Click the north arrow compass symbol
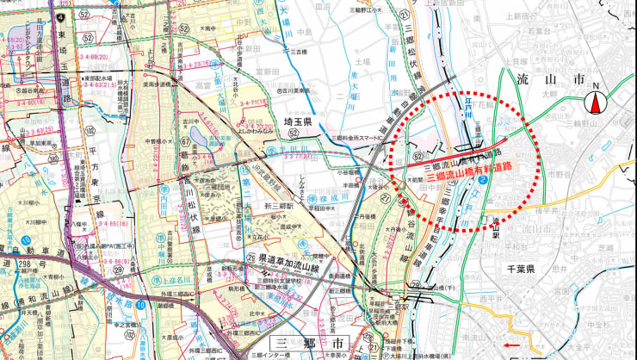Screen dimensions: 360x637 [x=595, y=104]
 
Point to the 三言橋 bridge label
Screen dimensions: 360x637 [x=296, y=52]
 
